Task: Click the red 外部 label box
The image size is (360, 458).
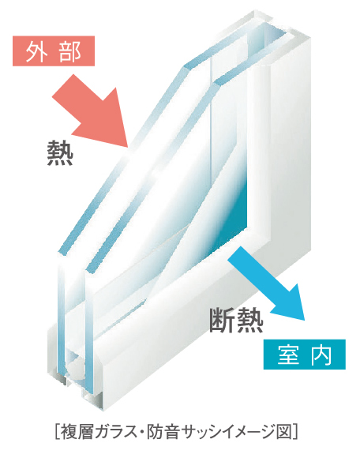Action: tap(54, 51)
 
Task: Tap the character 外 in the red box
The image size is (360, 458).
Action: tap(36, 51)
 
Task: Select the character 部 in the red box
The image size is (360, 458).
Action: tap(69, 51)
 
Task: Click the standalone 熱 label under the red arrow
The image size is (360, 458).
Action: tap(60, 153)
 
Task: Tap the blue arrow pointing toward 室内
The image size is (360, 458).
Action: tap(267, 283)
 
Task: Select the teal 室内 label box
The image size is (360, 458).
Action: tap(305, 354)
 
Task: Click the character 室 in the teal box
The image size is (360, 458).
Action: tap(288, 355)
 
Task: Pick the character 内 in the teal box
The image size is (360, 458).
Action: tap(321, 355)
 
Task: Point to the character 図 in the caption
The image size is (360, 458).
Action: tap(284, 432)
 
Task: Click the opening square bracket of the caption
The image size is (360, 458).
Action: tap(57, 432)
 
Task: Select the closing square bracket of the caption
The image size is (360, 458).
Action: tap(295, 432)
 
